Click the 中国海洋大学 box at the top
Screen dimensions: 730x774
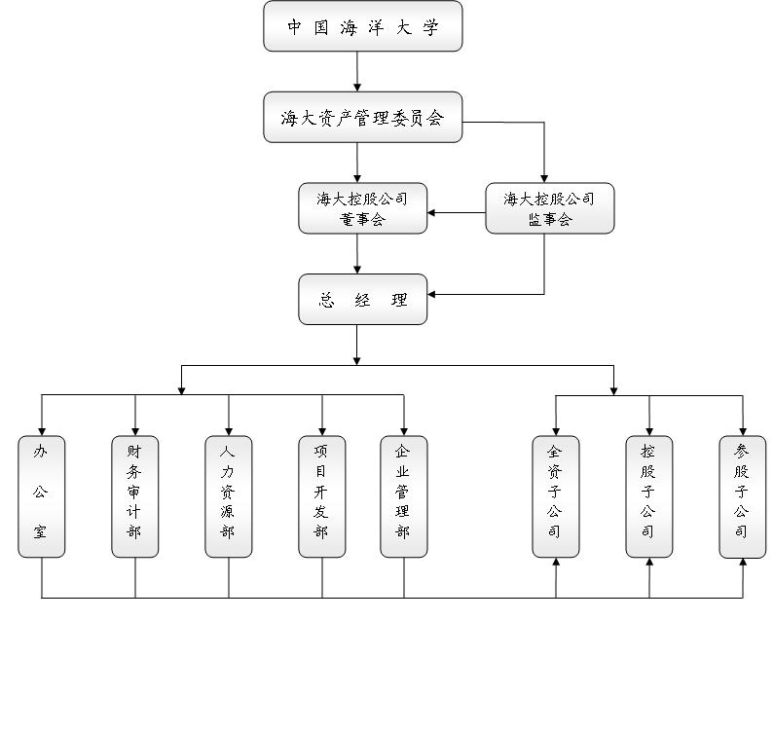(x=362, y=26)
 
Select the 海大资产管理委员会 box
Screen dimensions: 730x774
(x=362, y=118)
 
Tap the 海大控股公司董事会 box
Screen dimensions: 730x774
(x=362, y=208)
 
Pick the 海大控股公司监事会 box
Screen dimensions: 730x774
(x=549, y=208)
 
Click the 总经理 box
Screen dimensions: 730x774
(x=362, y=300)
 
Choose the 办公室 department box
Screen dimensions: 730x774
(x=41, y=496)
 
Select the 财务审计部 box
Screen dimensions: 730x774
(x=134, y=496)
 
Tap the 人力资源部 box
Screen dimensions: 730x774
(x=228, y=496)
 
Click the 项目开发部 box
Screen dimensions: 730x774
(x=321, y=496)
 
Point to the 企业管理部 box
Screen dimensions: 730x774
(x=403, y=496)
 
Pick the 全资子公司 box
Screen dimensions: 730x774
(x=555, y=496)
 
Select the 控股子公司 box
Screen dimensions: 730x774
(x=648, y=496)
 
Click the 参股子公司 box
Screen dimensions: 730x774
(x=742, y=496)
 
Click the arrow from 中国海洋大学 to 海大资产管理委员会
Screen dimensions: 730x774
(x=357, y=72)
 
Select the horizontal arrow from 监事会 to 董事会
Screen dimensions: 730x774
(x=456, y=213)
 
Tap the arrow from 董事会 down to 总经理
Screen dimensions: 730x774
(x=357, y=254)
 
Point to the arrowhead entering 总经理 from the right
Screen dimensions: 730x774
(x=432, y=294)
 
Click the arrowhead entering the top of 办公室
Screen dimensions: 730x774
(x=41, y=430)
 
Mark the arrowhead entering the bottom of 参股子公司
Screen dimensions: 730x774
(x=742, y=564)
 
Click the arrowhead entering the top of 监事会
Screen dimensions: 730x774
(x=544, y=178)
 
